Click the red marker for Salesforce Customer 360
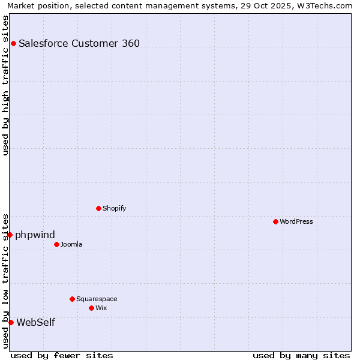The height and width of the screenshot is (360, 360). click(13, 43)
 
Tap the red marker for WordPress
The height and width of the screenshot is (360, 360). click(275, 221)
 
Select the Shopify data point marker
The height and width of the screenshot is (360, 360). click(98, 208)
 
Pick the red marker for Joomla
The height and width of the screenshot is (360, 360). click(56, 244)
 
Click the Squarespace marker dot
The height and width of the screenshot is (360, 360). click(72, 299)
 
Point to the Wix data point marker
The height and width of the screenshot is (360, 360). click(91, 308)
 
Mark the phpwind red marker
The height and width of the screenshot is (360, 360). click(10, 235)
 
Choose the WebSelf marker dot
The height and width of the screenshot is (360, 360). click(11, 322)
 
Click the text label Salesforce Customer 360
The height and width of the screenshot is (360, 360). click(79, 43)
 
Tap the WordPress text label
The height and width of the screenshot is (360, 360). click(296, 221)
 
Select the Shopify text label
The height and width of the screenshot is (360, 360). click(114, 208)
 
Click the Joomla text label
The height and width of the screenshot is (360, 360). click(71, 244)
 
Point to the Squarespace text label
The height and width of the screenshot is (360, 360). click(97, 299)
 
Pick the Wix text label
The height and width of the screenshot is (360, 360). click(101, 308)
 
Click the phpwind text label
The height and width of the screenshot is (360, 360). click(35, 235)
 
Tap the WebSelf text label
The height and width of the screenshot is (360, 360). click(36, 322)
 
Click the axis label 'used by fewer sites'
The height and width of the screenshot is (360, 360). click(62, 355)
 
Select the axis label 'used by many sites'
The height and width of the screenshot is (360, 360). click(301, 355)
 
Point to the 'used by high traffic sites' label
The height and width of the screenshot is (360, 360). click(5, 85)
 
